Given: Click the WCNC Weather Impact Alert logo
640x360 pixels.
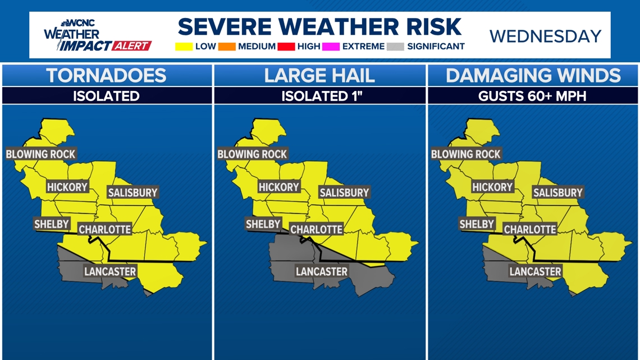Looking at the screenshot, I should point(97,36).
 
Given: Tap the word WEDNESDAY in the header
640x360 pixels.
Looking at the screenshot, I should point(545,37).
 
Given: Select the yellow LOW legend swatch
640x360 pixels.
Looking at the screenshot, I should point(184,47).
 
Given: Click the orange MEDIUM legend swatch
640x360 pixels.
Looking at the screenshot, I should point(227,47).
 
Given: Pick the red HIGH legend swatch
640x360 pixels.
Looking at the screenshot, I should point(286,47).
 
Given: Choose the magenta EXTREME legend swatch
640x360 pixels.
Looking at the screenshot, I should point(331,47).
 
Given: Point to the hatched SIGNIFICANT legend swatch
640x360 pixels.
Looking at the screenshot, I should point(395,47).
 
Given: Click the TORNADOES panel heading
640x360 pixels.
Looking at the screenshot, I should point(106,76).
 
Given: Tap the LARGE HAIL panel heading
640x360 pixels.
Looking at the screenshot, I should point(319,76).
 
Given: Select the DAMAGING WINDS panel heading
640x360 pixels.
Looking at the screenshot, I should point(533,76).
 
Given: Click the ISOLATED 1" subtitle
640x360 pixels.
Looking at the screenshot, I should point(319,96).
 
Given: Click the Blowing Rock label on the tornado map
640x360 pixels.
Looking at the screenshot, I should point(40,154).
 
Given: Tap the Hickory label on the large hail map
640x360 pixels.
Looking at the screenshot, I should point(279,187).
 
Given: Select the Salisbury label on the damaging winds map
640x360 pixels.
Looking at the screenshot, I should point(558,193).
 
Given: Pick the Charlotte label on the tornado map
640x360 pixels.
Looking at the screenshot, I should point(104,229).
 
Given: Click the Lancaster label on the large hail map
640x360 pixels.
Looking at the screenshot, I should point(322,271).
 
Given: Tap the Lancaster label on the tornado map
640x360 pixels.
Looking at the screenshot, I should point(110,271).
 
